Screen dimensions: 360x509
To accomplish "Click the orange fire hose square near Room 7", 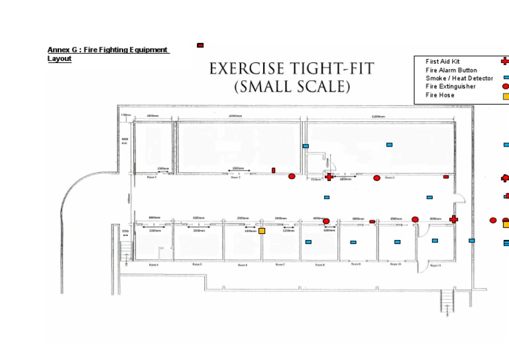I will (x=262, y=231).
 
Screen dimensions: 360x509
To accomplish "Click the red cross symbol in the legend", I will (x=505, y=61).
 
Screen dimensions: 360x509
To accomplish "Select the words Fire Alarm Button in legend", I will (x=451, y=70).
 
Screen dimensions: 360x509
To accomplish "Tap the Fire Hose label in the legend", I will (x=439, y=95).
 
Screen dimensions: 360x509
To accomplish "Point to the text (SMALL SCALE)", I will (x=292, y=86).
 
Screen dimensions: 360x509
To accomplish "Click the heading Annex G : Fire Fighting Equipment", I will (x=107, y=50).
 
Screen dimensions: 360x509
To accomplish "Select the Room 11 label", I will (x=435, y=265).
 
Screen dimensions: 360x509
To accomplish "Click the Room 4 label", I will (x=153, y=265).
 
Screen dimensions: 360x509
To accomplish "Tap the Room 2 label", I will (x=235, y=178).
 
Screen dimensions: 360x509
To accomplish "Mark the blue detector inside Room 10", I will (x=397, y=242).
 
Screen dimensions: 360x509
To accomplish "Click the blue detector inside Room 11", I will (x=435, y=241).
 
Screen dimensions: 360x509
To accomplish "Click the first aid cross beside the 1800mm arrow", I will (x=329, y=176).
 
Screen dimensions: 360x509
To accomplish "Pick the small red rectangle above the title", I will (x=200, y=45).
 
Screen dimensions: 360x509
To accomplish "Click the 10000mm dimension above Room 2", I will (x=235, y=116).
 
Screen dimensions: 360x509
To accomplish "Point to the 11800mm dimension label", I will (x=379, y=116).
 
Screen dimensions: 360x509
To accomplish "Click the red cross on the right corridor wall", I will (x=454, y=219).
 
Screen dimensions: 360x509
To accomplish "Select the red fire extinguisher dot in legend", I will (x=505, y=86).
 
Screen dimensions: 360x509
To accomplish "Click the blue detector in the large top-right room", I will (x=389, y=144).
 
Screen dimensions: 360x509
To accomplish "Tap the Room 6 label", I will (x=242, y=265).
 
